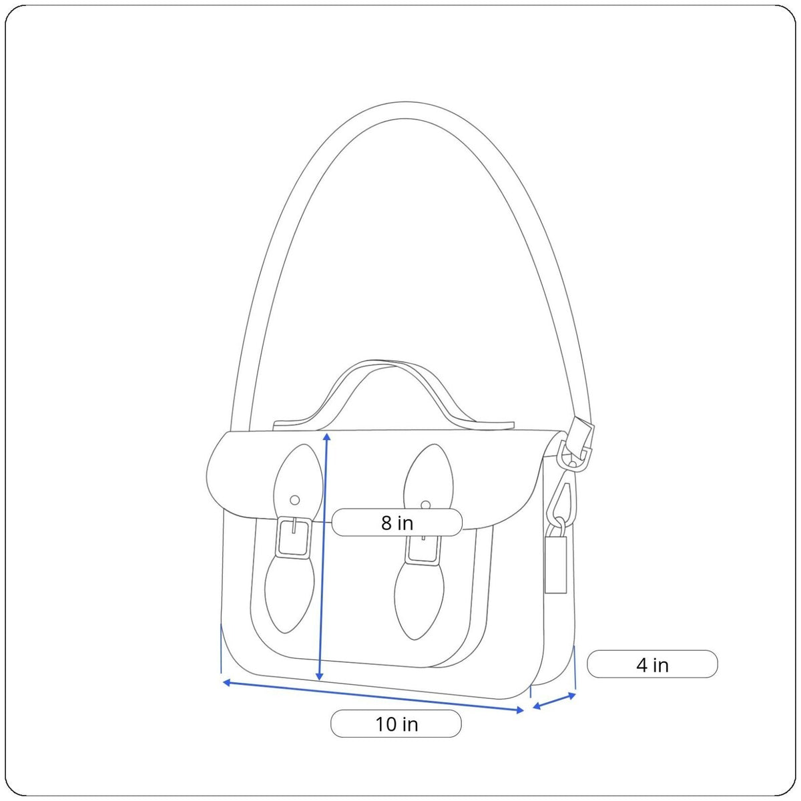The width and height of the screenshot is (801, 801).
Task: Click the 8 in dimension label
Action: pos(396,523)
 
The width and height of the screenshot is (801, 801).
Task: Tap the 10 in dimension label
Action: pos(396,724)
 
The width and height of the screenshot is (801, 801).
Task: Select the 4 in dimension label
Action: pos(652,663)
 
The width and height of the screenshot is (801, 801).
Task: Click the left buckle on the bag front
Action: pos(294,538)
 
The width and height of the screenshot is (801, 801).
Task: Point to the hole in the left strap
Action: pos(295,500)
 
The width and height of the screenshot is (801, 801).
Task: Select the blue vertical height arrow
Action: pos(323,556)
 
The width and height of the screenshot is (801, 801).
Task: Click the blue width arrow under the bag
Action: pos(373,697)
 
